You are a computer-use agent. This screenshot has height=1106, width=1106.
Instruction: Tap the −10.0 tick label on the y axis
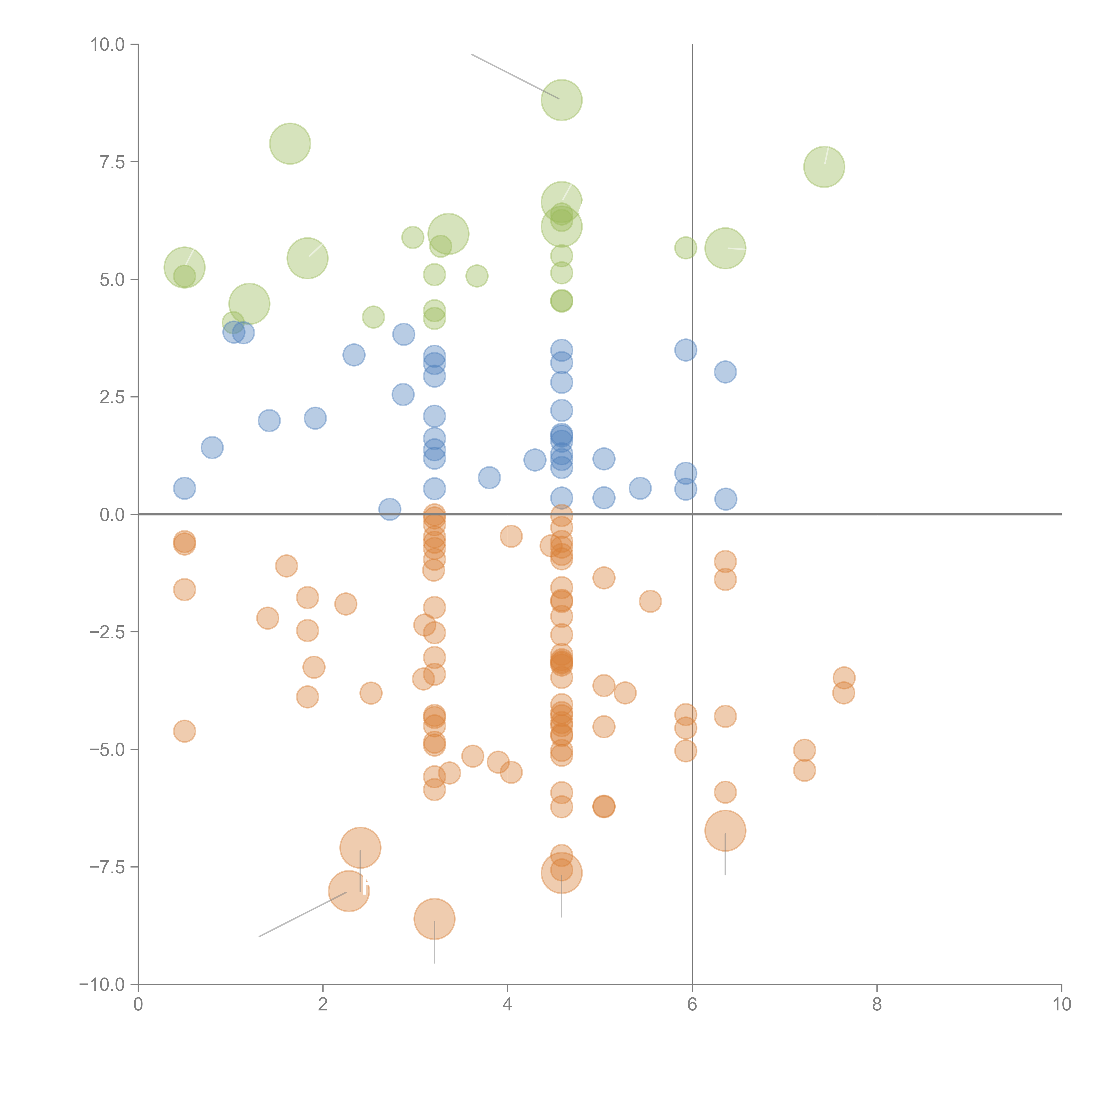(102, 985)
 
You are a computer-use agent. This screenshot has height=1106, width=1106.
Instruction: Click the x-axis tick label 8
(876, 1005)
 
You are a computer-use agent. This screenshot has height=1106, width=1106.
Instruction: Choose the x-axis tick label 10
(1061, 1005)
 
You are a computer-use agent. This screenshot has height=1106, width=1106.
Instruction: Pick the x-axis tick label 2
(323, 1005)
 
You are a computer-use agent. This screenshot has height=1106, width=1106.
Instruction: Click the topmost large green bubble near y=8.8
(561, 100)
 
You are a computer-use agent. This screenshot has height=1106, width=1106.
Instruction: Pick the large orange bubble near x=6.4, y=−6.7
(725, 831)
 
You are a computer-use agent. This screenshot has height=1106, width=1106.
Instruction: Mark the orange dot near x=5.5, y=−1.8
(650, 601)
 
